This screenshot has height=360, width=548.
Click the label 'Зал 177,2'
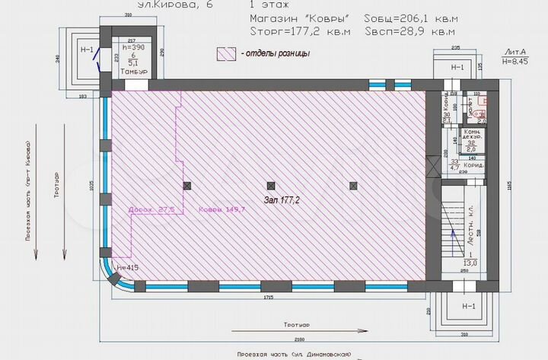click(282, 201)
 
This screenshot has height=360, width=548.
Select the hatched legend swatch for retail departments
click(226, 54)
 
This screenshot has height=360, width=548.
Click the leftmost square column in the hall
click(186, 186)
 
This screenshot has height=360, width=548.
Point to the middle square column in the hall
click(269, 186)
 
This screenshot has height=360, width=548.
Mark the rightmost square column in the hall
click(353, 186)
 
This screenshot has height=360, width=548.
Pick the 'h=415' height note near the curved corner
click(128, 268)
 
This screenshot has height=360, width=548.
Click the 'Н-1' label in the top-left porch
click(88, 51)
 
